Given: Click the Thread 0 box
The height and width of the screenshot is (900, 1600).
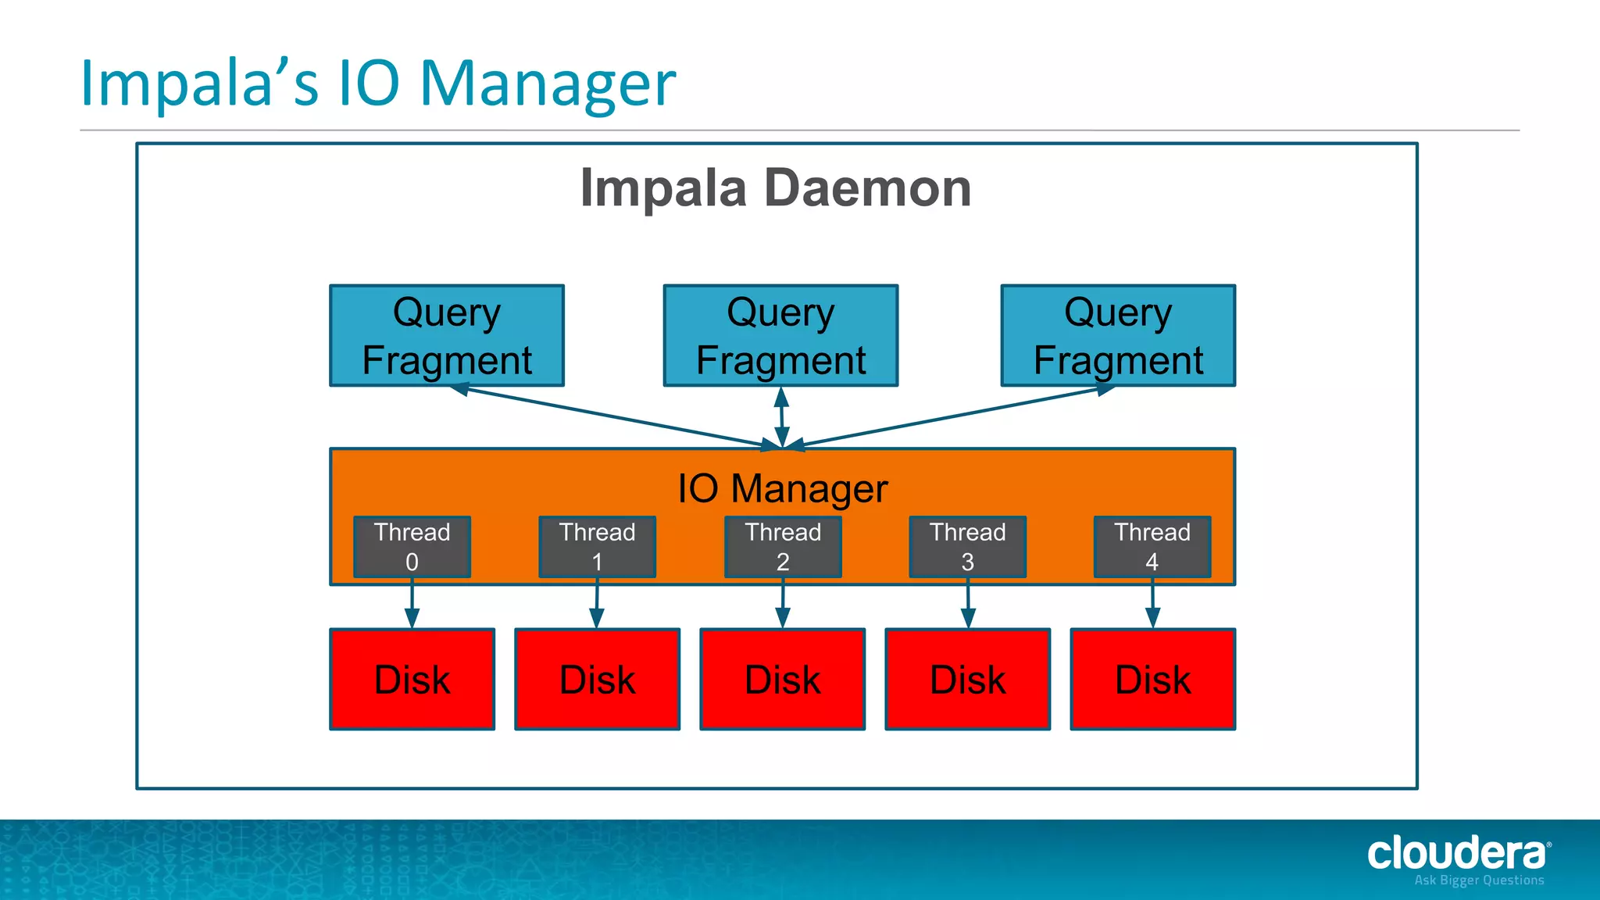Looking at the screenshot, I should [412, 547].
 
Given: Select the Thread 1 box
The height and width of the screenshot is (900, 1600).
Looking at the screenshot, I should [597, 547].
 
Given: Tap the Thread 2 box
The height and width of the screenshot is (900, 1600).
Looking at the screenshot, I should [783, 547].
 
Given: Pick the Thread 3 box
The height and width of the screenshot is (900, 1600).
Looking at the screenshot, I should [967, 547].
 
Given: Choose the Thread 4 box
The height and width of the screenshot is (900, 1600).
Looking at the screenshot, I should [1152, 547].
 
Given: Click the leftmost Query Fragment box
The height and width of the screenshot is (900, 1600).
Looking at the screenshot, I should [447, 335].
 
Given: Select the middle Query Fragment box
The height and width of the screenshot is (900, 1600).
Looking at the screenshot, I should [780, 335].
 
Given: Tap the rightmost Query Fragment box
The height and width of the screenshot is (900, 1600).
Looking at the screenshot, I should [1118, 335].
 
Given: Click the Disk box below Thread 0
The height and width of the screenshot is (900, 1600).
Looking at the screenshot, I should [412, 679].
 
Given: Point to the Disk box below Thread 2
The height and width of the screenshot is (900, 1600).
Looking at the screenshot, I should [783, 679].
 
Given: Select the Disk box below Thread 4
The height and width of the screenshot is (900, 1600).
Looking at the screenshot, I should [1152, 679].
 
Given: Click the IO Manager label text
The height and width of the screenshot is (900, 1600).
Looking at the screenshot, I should [782, 489].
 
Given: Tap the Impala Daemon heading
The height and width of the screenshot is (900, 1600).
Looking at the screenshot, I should [776, 188].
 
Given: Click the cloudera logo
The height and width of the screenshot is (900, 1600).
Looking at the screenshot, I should [1457, 853].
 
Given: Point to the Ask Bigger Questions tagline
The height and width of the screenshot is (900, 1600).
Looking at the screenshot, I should [1479, 880].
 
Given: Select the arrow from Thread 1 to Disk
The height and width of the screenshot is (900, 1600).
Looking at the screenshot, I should [597, 604].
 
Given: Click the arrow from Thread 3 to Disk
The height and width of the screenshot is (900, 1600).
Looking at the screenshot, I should [968, 604].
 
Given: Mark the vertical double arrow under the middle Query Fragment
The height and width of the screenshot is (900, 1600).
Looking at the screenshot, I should [781, 417].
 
